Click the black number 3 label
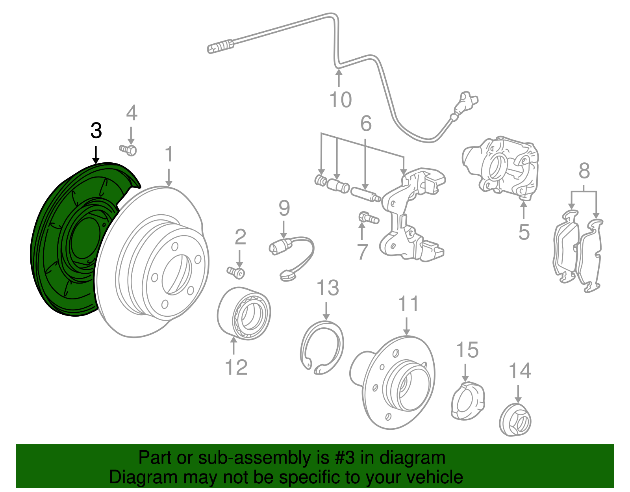[96, 130]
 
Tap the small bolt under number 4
[128, 150]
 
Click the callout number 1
[169, 154]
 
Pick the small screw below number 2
[236, 272]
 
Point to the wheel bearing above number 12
[244, 313]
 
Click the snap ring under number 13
[321, 347]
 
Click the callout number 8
[584, 171]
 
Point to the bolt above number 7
[368, 217]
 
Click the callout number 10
[341, 100]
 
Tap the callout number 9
[284, 208]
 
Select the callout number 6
[366, 124]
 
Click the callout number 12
[236, 367]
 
